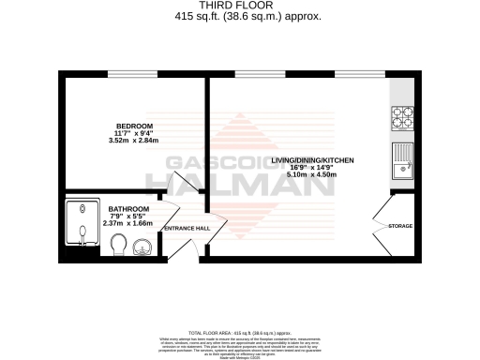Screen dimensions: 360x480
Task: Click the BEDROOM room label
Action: (134, 127)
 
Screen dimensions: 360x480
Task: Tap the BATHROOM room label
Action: (128, 209)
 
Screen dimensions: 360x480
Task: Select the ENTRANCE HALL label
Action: (187, 229)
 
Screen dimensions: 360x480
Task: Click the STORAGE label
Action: (400, 226)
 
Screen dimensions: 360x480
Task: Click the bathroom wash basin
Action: (142, 247)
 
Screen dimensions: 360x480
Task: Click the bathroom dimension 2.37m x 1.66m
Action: (128, 223)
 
